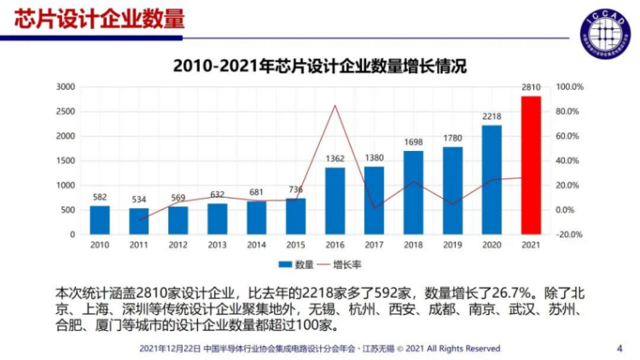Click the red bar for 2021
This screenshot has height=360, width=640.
tap(531, 165)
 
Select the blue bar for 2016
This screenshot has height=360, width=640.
tap(335, 200)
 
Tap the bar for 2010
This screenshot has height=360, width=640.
tap(100, 219)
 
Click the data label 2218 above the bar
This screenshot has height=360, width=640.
tap(492, 116)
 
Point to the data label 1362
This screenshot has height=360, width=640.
tap(335, 158)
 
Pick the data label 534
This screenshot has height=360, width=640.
tap(139, 199)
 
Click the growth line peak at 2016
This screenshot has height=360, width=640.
tap(335, 106)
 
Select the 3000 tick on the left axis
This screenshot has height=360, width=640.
tap(66, 87)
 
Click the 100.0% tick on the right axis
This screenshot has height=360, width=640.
tap(569, 87)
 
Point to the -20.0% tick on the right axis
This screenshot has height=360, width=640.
tap(569, 234)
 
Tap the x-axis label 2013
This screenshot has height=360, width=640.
tap(218, 245)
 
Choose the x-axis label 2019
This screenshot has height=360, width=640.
tap(452, 245)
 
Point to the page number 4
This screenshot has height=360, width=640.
tap(619, 348)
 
